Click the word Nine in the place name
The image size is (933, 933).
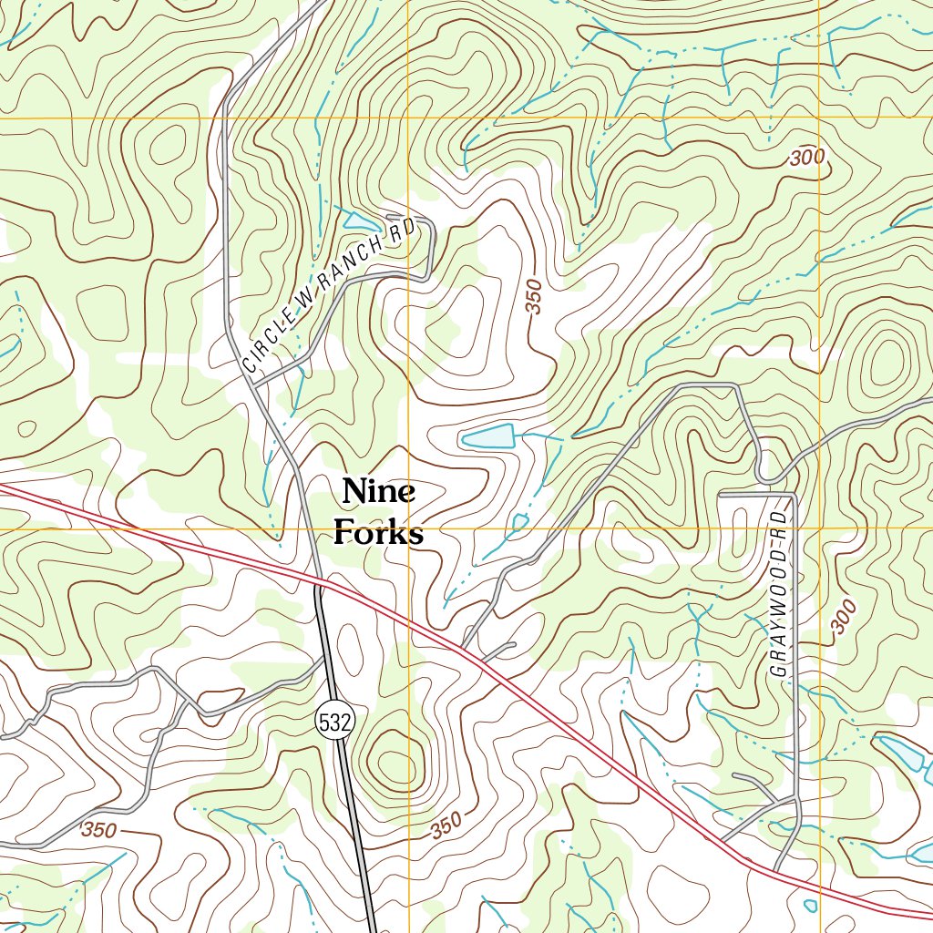(379, 492)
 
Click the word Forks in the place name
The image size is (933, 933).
(378, 532)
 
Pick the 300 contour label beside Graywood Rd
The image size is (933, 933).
(845, 618)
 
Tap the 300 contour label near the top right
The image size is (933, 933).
(807, 158)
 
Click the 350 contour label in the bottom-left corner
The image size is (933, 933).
(98, 831)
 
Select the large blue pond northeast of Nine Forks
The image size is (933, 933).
(488, 437)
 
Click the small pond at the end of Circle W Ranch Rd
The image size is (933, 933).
(362, 221)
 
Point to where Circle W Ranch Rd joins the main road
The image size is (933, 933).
(254, 385)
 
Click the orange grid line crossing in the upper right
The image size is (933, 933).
(819, 118)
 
